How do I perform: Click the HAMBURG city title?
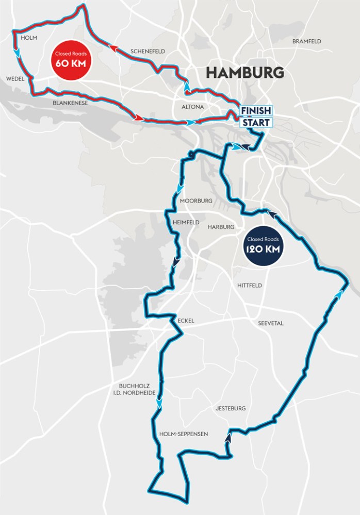click(245, 72)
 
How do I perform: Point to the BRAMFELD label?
click(306, 41)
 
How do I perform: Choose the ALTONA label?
click(193, 107)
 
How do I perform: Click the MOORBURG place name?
click(197, 201)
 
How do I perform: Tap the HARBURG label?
click(221, 227)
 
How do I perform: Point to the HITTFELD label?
click(250, 285)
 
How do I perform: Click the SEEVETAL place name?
click(271, 323)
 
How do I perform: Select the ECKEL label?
click(185, 321)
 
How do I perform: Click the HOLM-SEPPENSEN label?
click(184, 434)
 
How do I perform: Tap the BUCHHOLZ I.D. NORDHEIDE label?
click(131, 389)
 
